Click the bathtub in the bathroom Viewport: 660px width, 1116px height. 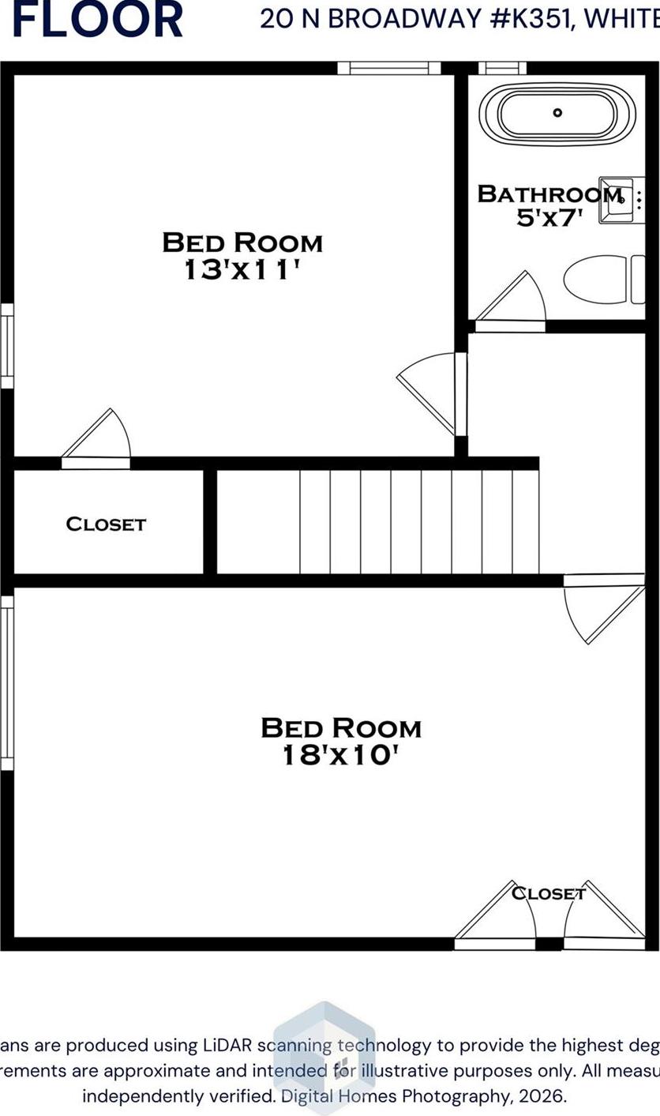(557, 114)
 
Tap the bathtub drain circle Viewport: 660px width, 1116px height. (557, 113)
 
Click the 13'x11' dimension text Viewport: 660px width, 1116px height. (242, 270)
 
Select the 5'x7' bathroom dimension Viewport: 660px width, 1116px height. (549, 217)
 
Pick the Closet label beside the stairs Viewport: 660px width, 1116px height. (106, 524)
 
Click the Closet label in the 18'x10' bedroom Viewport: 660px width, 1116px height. (548, 893)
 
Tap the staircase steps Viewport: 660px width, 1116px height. (418, 521)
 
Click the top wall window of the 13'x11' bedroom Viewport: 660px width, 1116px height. (389, 68)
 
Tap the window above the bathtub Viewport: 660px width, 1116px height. (502, 68)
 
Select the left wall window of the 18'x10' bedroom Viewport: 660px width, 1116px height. (7, 682)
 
